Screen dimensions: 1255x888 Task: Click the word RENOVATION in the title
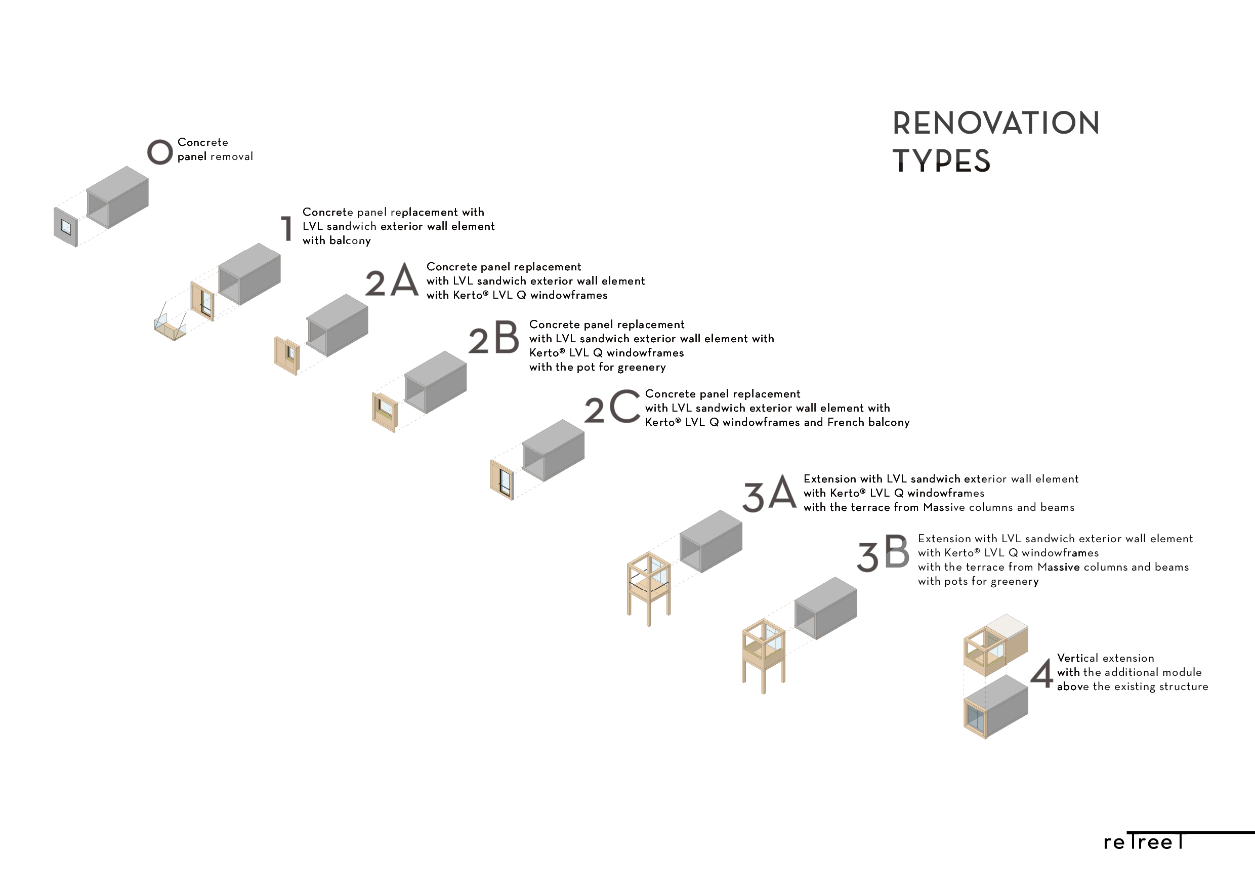996,123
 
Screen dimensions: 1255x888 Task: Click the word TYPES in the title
941,162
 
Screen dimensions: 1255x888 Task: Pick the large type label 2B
493,337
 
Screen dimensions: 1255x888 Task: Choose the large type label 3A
769,493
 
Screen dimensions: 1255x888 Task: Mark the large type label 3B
883,553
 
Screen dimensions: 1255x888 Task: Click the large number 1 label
286,228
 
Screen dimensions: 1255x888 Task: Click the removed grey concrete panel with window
66,227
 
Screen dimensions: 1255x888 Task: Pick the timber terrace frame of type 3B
764,655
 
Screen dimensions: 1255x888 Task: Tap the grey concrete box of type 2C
554,450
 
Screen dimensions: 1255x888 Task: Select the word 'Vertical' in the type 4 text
1078,658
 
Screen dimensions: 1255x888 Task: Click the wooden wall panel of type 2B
385,412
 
